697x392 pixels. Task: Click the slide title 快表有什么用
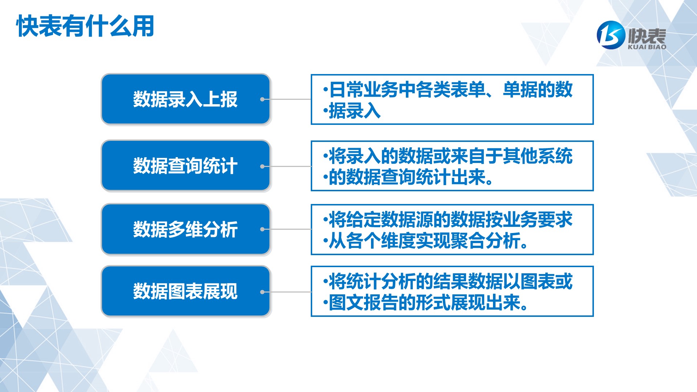(x=85, y=26)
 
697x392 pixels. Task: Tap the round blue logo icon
(x=611, y=35)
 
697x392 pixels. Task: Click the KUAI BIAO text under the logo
(x=647, y=47)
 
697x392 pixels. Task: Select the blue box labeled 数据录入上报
(x=186, y=99)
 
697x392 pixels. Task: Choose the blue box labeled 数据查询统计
(x=186, y=166)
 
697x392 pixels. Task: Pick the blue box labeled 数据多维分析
(x=186, y=229)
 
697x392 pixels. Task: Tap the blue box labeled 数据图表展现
(x=186, y=291)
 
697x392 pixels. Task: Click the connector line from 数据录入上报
(x=287, y=99)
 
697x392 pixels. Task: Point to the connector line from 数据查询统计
(x=287, y=166)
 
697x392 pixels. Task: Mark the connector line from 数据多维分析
(x=287, y=229)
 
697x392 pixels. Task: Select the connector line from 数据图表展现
(x=287, y=292)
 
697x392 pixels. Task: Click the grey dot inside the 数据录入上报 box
(x=262, y=99)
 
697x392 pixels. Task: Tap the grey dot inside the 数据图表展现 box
(x=262, y=292)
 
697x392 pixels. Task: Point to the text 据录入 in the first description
(x=355, y=111)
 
